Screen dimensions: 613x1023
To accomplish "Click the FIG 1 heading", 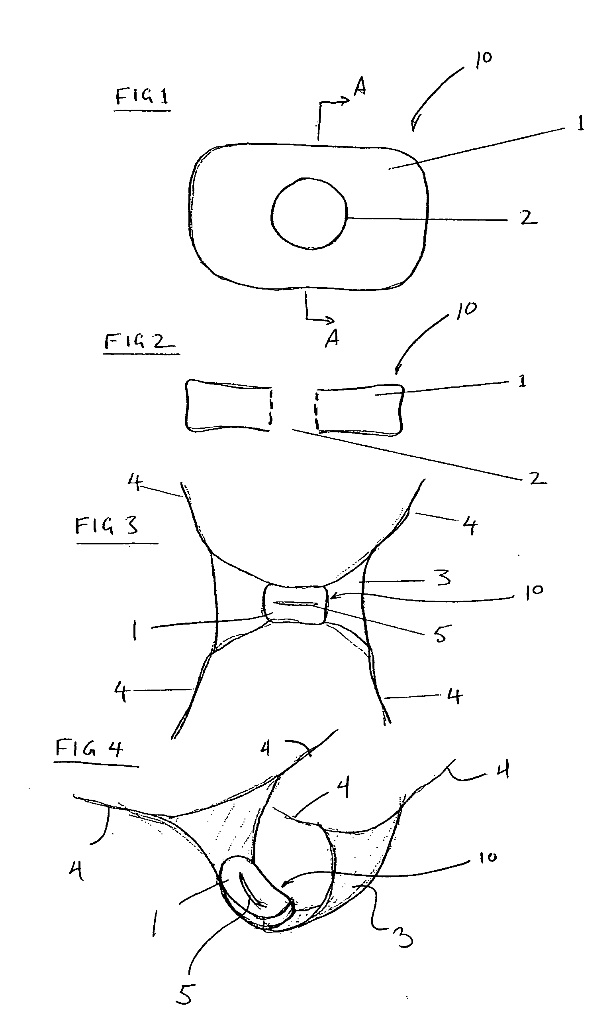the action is pos(142,97).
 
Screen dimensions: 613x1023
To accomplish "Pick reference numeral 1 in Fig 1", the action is pos(580,123).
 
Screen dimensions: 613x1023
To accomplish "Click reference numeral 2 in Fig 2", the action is pos(537,478).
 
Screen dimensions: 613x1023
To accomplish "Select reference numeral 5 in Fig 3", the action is pos(441,633).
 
